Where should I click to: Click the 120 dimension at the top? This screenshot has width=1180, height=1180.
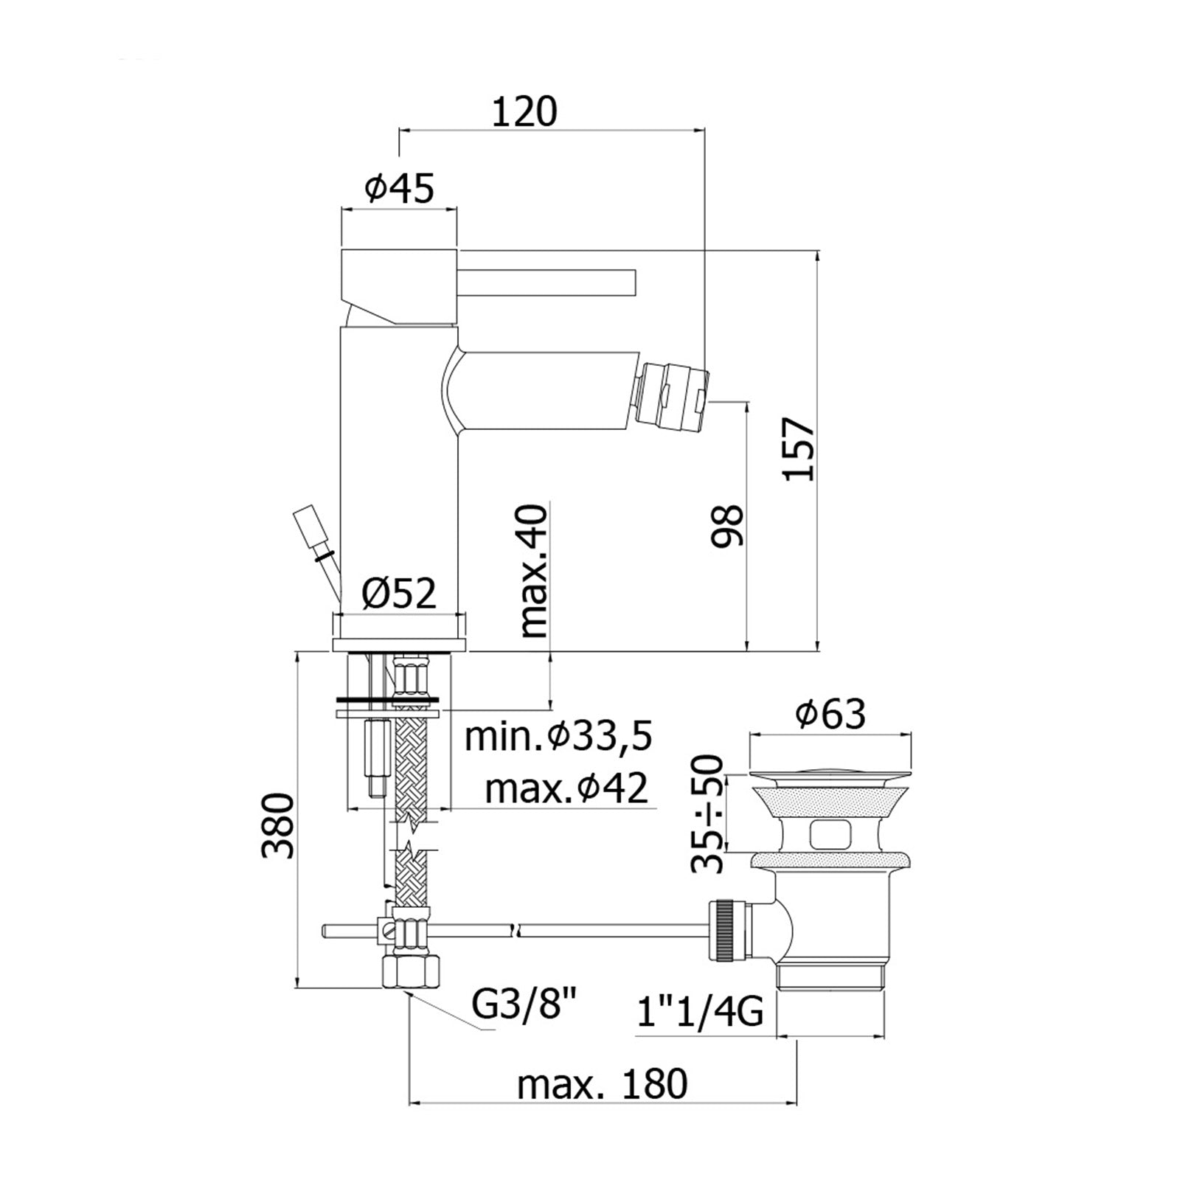[x=524, y=112]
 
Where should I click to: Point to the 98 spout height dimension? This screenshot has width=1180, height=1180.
[x=727, y=525]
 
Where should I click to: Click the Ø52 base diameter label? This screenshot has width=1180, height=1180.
[x=400, y=593]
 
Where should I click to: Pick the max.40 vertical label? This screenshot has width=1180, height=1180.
[x=534, y=571]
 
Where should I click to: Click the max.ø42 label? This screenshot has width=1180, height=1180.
[x=566, y=788]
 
